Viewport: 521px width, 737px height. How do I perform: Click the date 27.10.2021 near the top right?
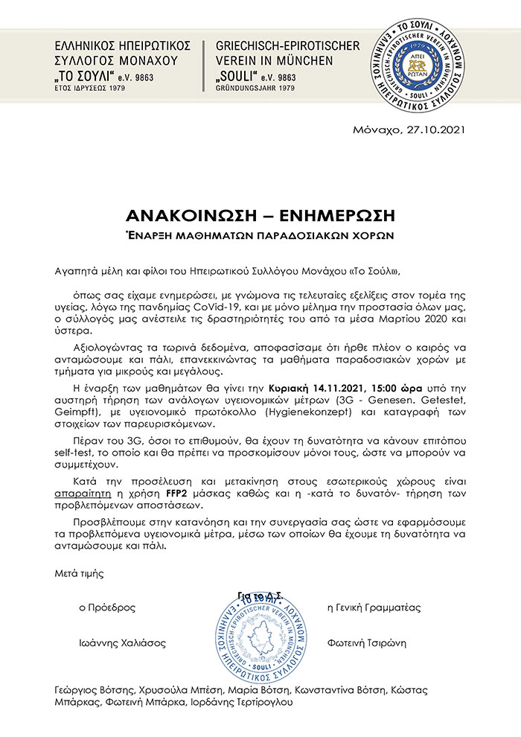tap(436, 130)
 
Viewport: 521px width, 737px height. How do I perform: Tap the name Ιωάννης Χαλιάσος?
tap(123, 642)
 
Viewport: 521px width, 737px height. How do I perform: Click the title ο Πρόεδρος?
tap(108, 607)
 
